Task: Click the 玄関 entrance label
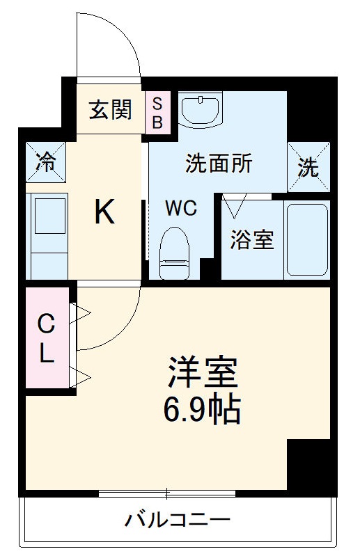click(x=110, y=110)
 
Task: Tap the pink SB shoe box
click(x=156, y=111)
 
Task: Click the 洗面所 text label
click(x=218, y=164)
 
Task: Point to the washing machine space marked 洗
click(x=308, y=167)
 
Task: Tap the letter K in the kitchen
click(x=104, y=212)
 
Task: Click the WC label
click(x=181, y=207)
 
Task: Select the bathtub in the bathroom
click(x=306, y=240)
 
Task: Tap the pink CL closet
click(x=47, y=338)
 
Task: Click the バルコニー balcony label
click(x=178, y=520)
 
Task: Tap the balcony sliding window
click(x=167, y=493)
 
